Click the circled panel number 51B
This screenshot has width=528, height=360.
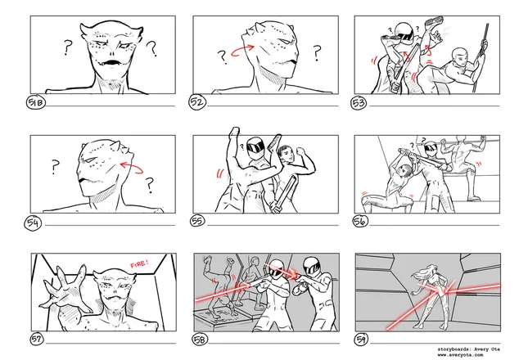click(36, 102)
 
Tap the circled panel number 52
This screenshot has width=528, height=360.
click(197, 102)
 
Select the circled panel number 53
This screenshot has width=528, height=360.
click(359, 102)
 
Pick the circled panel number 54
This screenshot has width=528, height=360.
click(33, 223)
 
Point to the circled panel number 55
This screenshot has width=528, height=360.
click(197, 221)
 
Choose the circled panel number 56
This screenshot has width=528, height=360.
click(360, 221)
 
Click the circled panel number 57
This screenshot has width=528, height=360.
click(36, 340)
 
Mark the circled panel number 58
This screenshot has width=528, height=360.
click(200, 340)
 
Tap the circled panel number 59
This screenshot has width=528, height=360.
click(361, 340)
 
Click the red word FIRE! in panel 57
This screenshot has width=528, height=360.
click(139, 263)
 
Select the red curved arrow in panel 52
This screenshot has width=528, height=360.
click(242, 50)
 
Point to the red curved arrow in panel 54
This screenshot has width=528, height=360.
click(131, 167)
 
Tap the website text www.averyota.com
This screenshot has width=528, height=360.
click(460, 355)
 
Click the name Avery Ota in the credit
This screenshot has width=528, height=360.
click(487, 349)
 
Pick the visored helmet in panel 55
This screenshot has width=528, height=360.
click(255, 147)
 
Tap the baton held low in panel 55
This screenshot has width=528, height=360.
click(284, 194)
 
